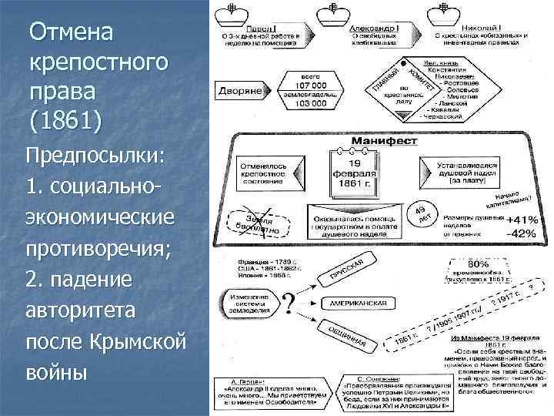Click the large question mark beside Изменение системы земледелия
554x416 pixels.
[x=291, y=301]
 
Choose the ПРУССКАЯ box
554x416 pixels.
[x=348, y=271]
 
